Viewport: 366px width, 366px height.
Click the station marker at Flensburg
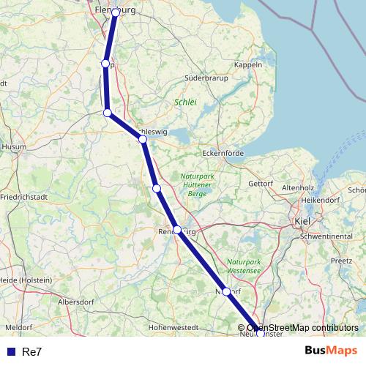point(116,12)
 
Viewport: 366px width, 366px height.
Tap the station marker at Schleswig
point(143,139)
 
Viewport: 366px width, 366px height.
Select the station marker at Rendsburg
point(177,230)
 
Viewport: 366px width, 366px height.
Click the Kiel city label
point(302,220)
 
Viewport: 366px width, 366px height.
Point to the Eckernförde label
point(223,154)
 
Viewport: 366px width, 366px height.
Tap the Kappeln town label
point(249,64)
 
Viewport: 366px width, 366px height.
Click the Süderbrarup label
point(206,77)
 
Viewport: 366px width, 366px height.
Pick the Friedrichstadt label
point(25,198)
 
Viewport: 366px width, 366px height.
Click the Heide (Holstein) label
point(26,280)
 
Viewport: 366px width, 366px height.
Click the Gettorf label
point(261,183)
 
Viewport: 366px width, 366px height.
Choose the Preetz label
point(342,260)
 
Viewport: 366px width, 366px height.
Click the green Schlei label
point(186,102)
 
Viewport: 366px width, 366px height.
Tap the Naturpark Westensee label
point(244,266)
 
